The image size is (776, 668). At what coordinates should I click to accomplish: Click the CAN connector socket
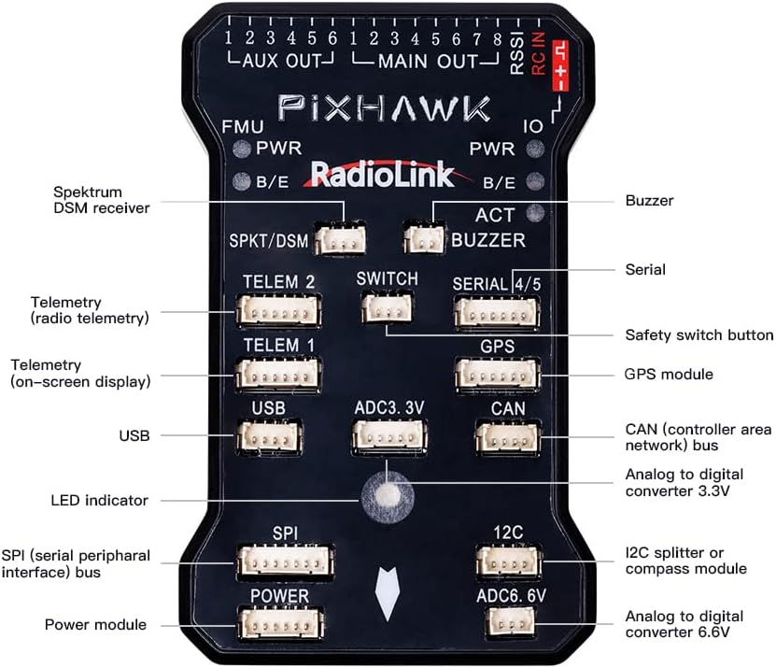click(507, 437)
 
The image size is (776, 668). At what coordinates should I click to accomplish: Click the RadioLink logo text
click(382, 175)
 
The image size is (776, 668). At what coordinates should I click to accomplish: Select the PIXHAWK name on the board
click(383, 108)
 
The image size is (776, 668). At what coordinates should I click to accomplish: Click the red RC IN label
click(538, 51)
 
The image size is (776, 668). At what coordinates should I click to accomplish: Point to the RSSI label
click(517, 51)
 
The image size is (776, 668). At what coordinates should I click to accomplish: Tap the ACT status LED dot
click(535, 211)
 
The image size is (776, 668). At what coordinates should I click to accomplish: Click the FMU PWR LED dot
click(242, 149)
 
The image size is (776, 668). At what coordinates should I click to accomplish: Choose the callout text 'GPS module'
click(668, 375)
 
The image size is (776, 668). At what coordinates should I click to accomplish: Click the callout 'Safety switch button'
click(698, 334)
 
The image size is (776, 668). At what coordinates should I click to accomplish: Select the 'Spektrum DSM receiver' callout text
click(101, 200)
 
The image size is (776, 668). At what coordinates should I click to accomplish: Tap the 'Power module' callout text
click(95, 624)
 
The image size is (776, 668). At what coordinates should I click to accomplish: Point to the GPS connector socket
click(496, 375)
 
